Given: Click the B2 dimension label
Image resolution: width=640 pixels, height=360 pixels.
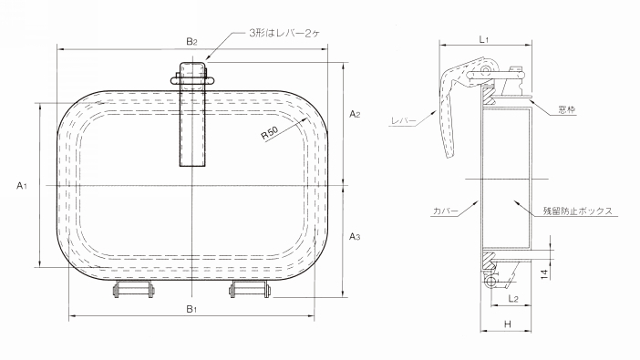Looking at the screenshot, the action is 192,41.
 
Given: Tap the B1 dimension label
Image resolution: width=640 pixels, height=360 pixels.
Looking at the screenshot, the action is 191,309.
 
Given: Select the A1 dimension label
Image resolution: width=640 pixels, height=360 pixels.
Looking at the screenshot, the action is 22,186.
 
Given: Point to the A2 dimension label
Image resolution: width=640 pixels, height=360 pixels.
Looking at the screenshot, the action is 355,114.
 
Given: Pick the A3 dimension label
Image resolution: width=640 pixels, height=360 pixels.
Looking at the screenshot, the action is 355,236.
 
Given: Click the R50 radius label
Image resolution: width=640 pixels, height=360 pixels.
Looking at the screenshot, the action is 269,133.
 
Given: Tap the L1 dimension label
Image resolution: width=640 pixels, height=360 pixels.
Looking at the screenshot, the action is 484,39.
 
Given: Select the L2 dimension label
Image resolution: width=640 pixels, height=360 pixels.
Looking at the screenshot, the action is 513,299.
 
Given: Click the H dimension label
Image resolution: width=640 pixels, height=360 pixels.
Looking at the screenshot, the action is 507,324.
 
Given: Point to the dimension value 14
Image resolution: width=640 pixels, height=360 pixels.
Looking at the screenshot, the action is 544,273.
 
